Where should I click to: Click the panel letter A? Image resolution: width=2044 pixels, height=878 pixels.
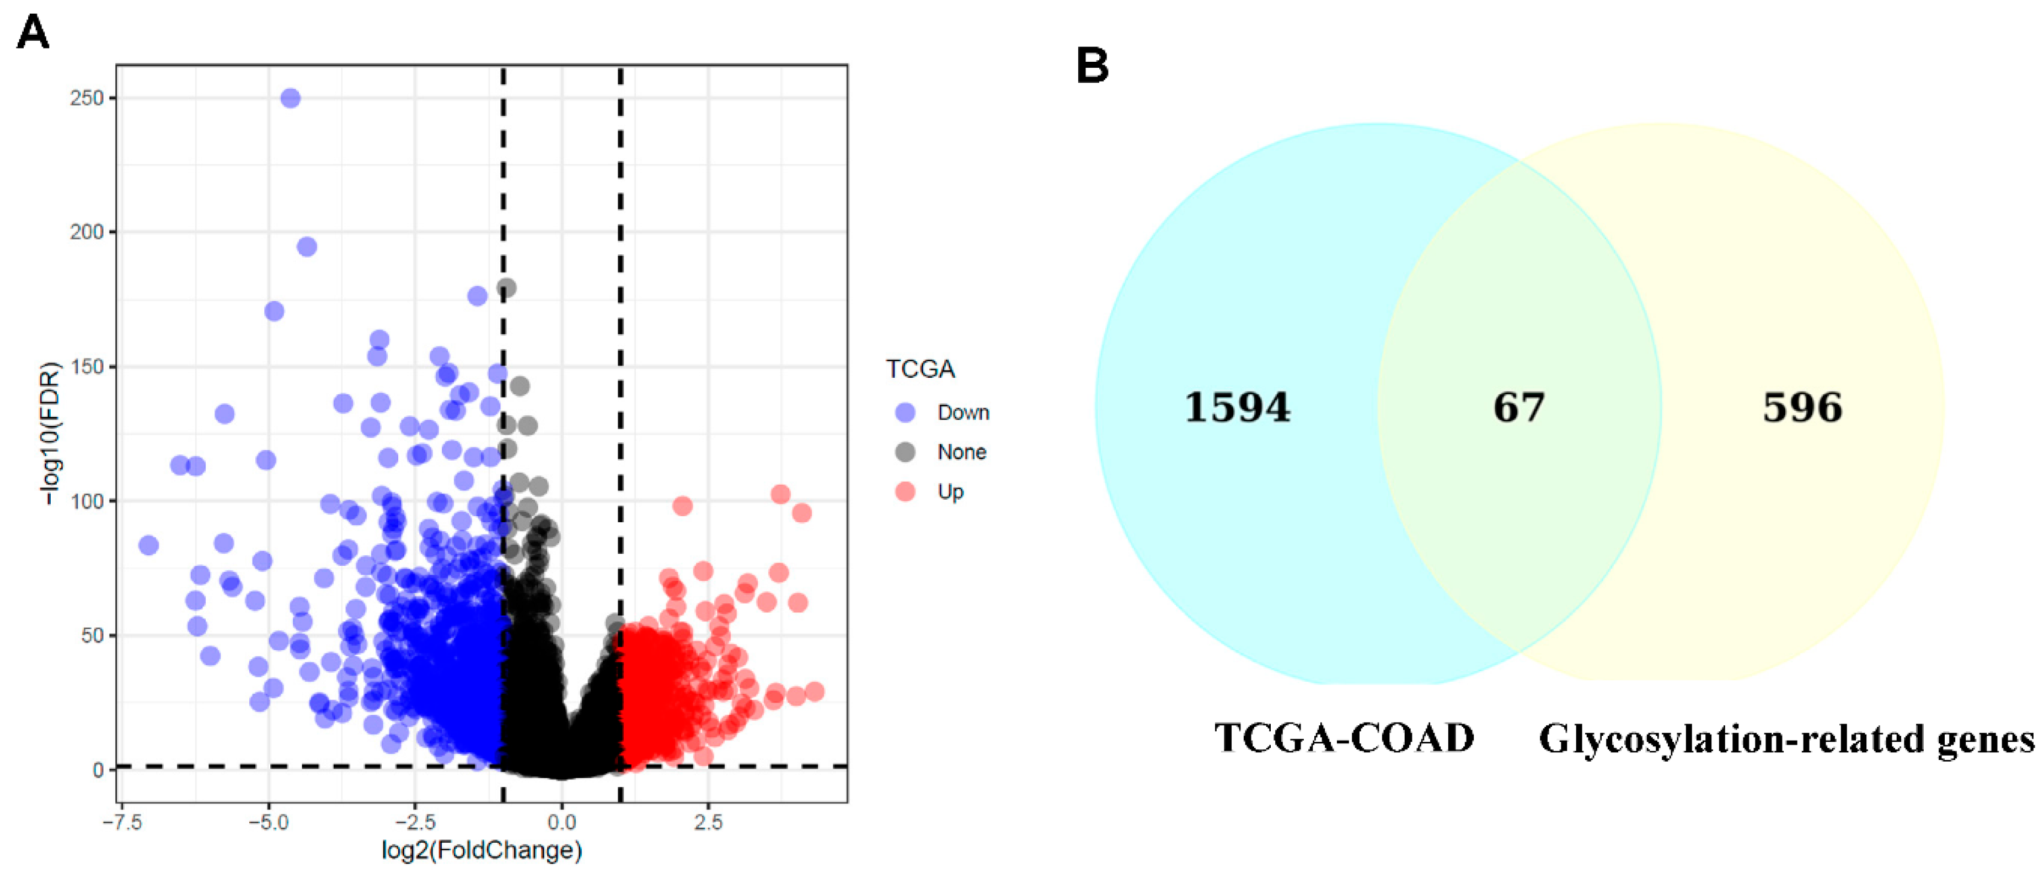click(x=33, y=33)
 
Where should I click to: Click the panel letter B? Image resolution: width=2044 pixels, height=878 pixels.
click(x=1092, y=65)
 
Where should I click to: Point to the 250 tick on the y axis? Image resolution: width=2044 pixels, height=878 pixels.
click(x=87, y=98)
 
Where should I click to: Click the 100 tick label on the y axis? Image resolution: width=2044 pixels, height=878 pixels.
click(x=87, y=501)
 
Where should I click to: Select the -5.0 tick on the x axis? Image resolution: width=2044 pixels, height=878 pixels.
click(x=268, y=822)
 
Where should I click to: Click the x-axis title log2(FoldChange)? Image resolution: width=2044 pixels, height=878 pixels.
click(x=481, y=851)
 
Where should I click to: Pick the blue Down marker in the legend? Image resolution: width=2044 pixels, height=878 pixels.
click(x=905, y=413)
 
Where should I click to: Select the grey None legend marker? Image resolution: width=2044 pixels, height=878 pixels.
click(x=905, y=452)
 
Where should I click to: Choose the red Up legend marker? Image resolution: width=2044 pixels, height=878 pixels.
click(x=905, y=492)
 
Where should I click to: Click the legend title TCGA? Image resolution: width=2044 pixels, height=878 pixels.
click(x=919, y=370)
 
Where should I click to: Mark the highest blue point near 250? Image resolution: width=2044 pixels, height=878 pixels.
click(x=291, y=98)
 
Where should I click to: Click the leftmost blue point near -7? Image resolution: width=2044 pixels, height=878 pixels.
click(x=148, y=545)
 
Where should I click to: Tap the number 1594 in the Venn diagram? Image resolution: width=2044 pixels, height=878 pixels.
click(x=1237, y=408)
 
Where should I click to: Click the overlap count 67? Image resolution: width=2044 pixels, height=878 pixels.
click(x=1519, y=408)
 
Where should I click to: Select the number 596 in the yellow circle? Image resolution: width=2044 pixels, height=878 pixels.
click(x=1802, y=408)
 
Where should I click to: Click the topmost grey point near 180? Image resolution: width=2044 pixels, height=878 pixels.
click(x=507, y=288)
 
